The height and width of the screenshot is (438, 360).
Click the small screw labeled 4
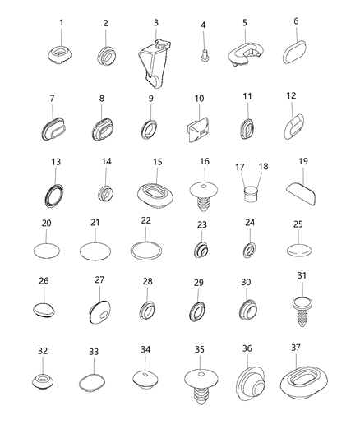205,54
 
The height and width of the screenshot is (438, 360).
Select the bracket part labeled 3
155,64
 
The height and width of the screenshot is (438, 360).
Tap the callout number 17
240,167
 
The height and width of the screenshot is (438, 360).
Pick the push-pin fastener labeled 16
204,196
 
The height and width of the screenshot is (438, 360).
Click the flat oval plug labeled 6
294,52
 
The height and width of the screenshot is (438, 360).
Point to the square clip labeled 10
199,129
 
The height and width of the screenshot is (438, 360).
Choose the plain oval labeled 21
95,251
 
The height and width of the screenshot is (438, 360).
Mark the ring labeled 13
54,196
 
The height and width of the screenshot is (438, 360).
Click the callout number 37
296,348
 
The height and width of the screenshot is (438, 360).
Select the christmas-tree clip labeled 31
302,311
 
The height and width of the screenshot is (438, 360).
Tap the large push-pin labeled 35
201,386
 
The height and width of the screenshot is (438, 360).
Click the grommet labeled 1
60,54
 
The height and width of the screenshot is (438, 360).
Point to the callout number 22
146,220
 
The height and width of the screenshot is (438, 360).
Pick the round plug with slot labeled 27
100,312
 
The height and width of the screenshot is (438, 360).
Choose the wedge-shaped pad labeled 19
301,195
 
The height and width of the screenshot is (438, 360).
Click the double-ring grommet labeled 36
250,383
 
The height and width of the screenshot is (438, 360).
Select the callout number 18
263,167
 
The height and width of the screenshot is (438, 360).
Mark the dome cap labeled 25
299,250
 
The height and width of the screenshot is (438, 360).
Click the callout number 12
291,96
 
